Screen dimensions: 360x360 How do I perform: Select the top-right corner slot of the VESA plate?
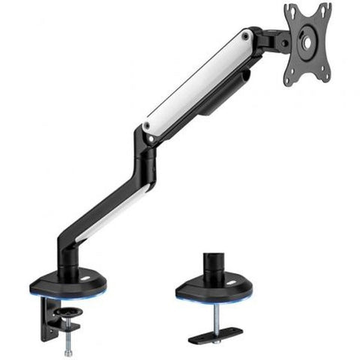coord(325,8)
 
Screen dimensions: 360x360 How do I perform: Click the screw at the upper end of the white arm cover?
coord(245,35)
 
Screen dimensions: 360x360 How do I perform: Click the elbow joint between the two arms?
coord(144,150)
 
